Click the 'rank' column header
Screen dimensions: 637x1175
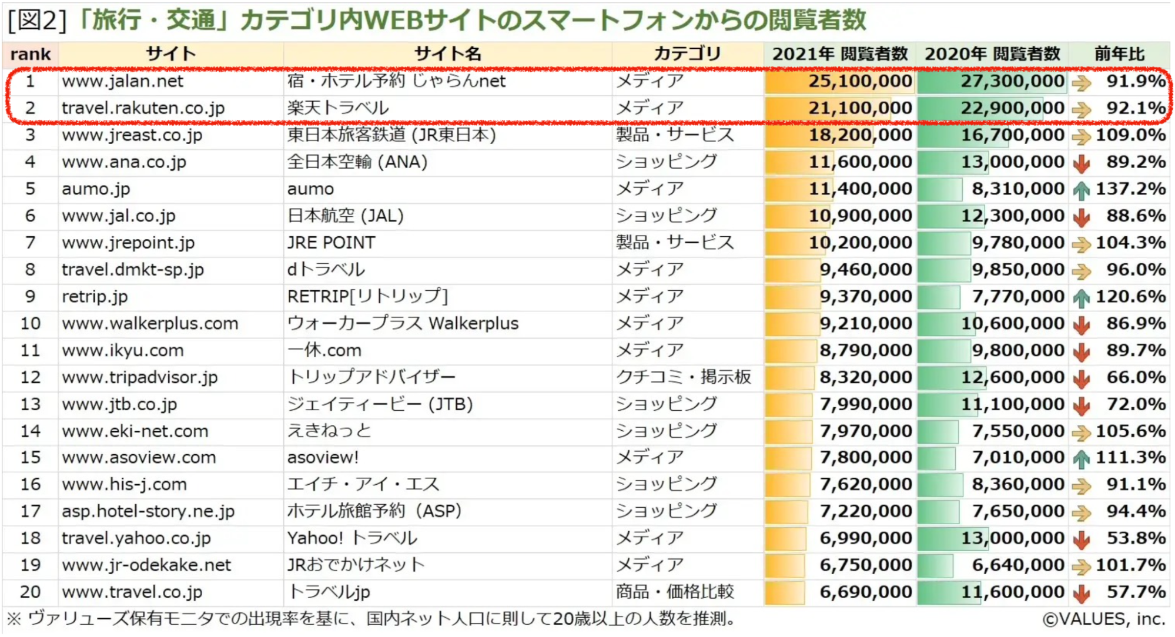[x=31, y=54]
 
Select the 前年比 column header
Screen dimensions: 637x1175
[x=1119, y=54]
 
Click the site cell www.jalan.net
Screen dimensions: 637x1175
[x=122, y=81]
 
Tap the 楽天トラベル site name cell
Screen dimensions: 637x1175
[x=338, y=108]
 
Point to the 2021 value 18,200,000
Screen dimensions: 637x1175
[x=860, y=135]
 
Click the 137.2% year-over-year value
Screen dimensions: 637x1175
[x=1130, y=189]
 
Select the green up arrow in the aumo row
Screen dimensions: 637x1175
[x=1081, y=190]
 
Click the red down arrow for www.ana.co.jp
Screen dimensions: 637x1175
[x=1081, y=163]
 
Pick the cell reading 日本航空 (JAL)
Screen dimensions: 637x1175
[x=345, y=216]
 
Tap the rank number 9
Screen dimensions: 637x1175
[x=30, y=296]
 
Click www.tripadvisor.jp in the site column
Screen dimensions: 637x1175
[x=139, y=377]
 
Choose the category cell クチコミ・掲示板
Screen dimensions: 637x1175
[x=683, y=377]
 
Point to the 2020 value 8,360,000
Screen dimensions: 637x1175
[x=1018, y=484]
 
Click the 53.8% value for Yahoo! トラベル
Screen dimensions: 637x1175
[x=1136, y=538]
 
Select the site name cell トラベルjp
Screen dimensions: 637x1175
[x=329, y=592]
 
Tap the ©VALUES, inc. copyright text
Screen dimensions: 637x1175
[x=1104, y=619]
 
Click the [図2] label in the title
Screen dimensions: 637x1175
[x=36, y=20]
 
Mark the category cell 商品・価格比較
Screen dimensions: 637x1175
[x=675, y=592]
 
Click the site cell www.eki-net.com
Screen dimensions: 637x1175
[x=135, y=431]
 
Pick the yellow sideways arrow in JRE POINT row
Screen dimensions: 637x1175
[x=1081, y=244]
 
